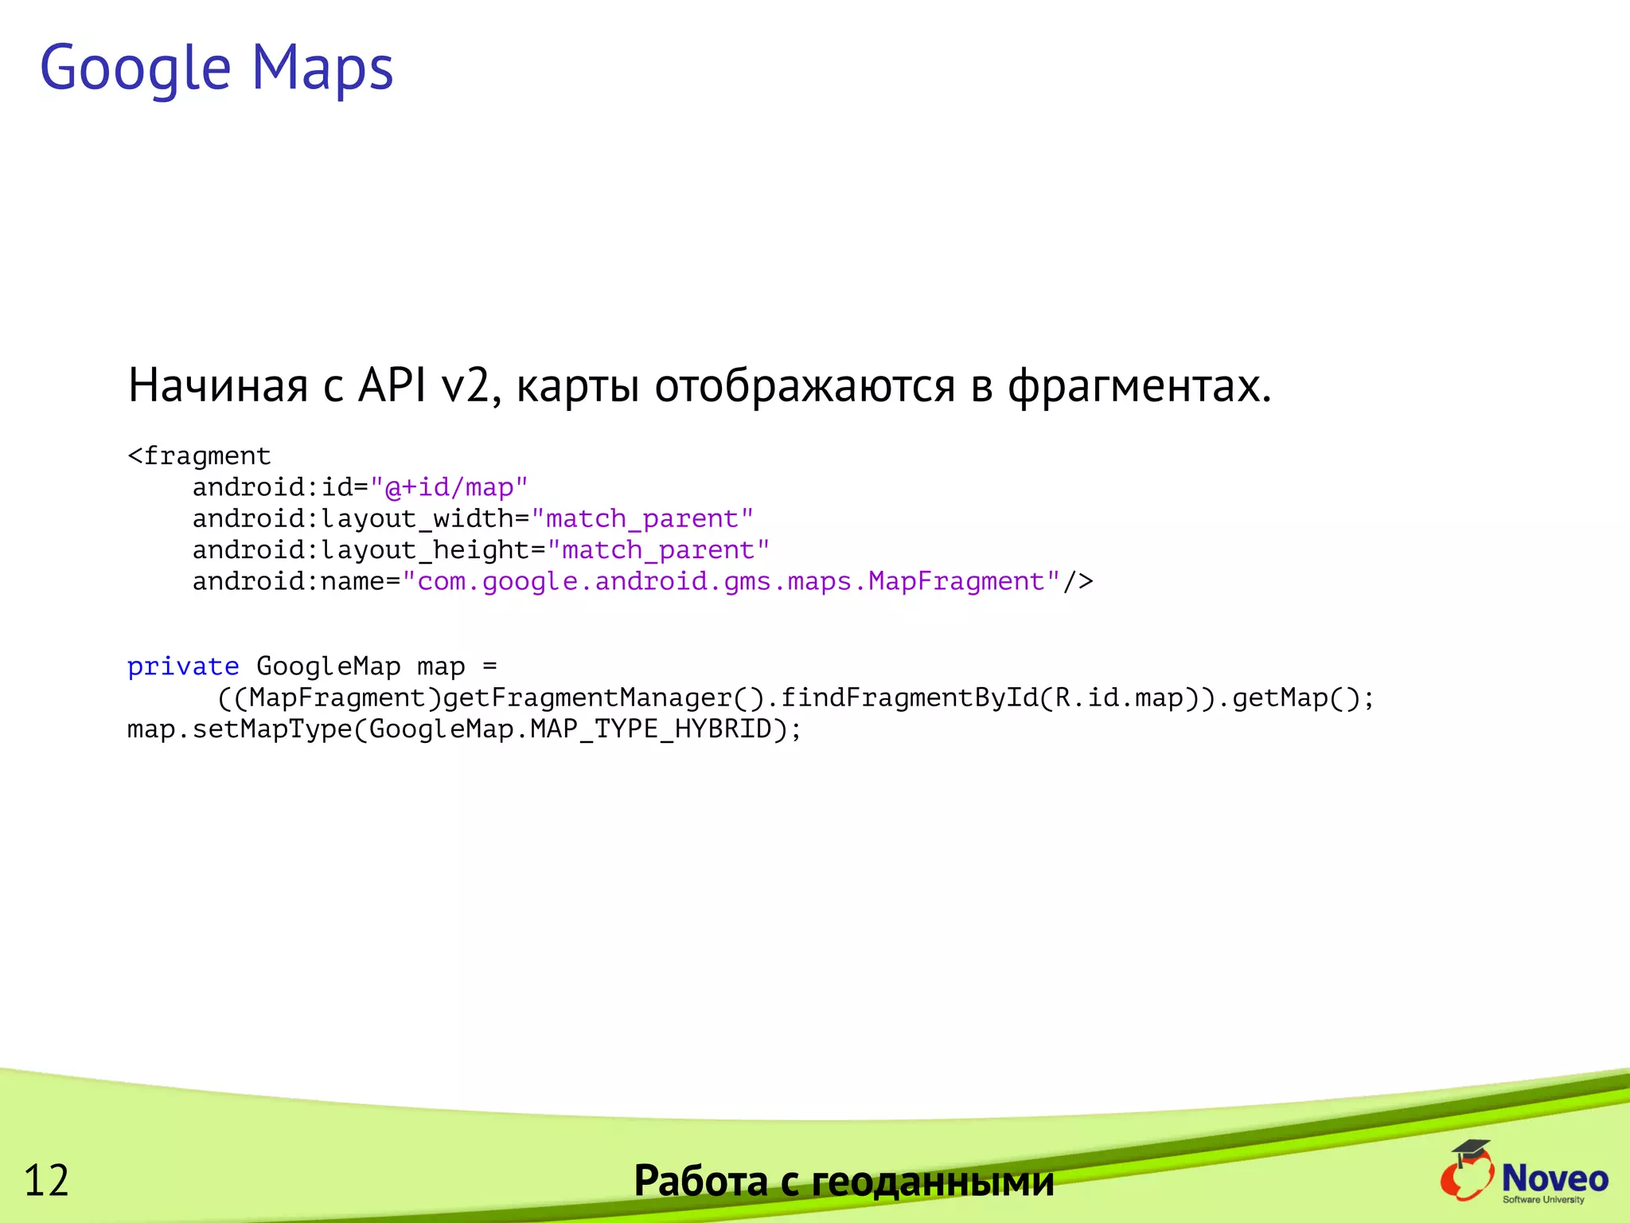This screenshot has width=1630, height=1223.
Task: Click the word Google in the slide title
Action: (x=135, y=68)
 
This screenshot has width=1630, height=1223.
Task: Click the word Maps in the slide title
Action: (x=322, y=68)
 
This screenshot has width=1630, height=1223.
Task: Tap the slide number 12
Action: (x=46, y=1180)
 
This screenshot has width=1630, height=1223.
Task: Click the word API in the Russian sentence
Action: (x=392, y=385)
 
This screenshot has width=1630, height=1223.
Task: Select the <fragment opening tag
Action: (x=199, y=456)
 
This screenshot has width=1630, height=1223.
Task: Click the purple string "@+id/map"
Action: (x=449, y=487)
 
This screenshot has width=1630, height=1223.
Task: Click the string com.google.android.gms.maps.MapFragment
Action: (x=731, y=582)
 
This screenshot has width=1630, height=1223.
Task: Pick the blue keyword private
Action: (x=183, y=666)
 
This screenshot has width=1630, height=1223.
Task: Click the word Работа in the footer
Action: (x=701, y=1181)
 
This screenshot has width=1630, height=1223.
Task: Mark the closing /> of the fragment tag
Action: (x=1078, y=582)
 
